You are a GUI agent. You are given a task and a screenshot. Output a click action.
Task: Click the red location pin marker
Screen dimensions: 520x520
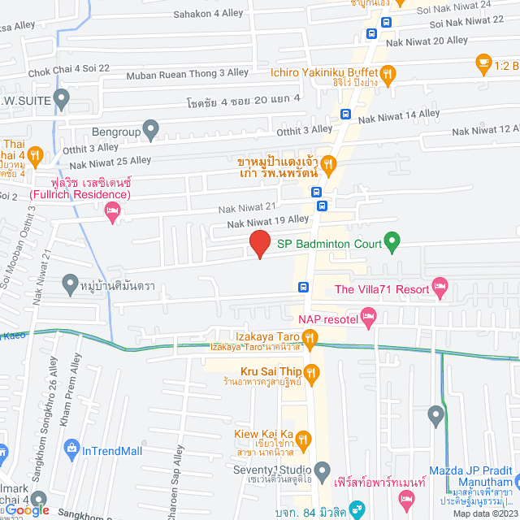coord(259,244)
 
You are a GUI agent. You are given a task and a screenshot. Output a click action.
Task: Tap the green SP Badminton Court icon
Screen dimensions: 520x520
coord(392,240)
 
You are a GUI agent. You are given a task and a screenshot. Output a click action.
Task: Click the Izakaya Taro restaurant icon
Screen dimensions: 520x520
coord(310,337)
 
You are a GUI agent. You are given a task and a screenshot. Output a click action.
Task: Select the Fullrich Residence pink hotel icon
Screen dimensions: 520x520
coord(113,213)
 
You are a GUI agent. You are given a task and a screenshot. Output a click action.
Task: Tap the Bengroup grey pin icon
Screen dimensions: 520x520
coord(150,128)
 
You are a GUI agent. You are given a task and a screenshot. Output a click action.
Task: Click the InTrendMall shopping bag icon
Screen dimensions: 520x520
coord(72,448)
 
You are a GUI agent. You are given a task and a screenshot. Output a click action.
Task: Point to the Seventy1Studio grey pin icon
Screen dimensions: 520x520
coord(323,470)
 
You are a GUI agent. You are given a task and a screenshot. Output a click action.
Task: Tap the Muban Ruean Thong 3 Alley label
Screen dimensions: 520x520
coord(188,75)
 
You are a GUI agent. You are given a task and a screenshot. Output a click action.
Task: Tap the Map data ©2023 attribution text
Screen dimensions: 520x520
coord(484,513)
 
